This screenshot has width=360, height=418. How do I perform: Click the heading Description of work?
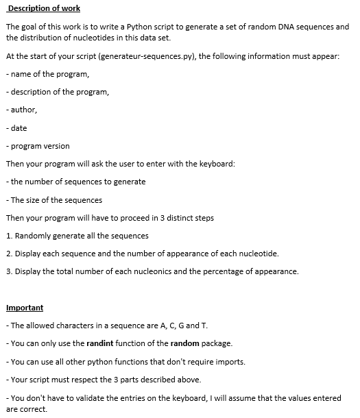(x=44, y=8)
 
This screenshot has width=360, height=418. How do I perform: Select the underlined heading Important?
(x=24, y=308)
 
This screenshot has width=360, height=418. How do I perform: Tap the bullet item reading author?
(x=23, y=110)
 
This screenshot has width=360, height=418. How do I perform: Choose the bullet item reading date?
(x=19, y=128)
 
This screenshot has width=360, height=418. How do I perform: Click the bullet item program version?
(x=40, y=146)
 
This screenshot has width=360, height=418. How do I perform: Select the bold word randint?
(x=100, y=343)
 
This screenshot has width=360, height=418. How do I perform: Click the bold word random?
(x=184, y=343)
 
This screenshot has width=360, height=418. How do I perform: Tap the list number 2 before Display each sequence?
(x=8, y=254)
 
